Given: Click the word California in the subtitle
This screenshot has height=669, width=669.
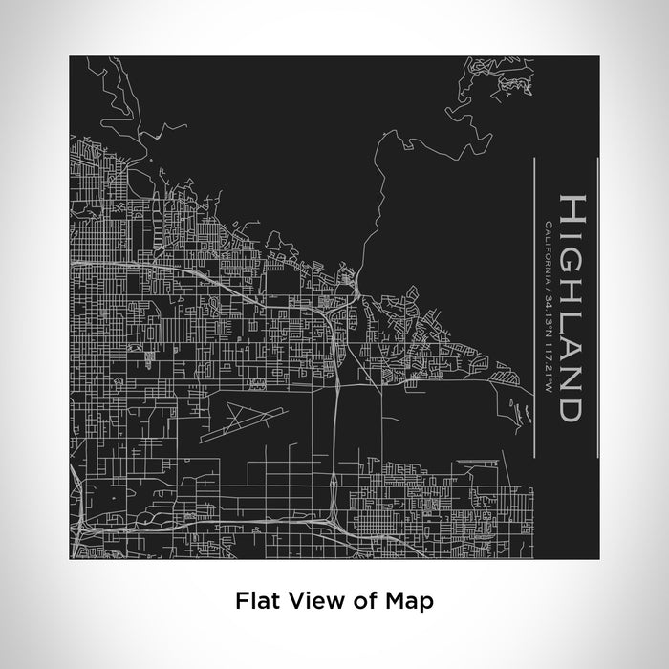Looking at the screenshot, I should (x=546, y=245).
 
